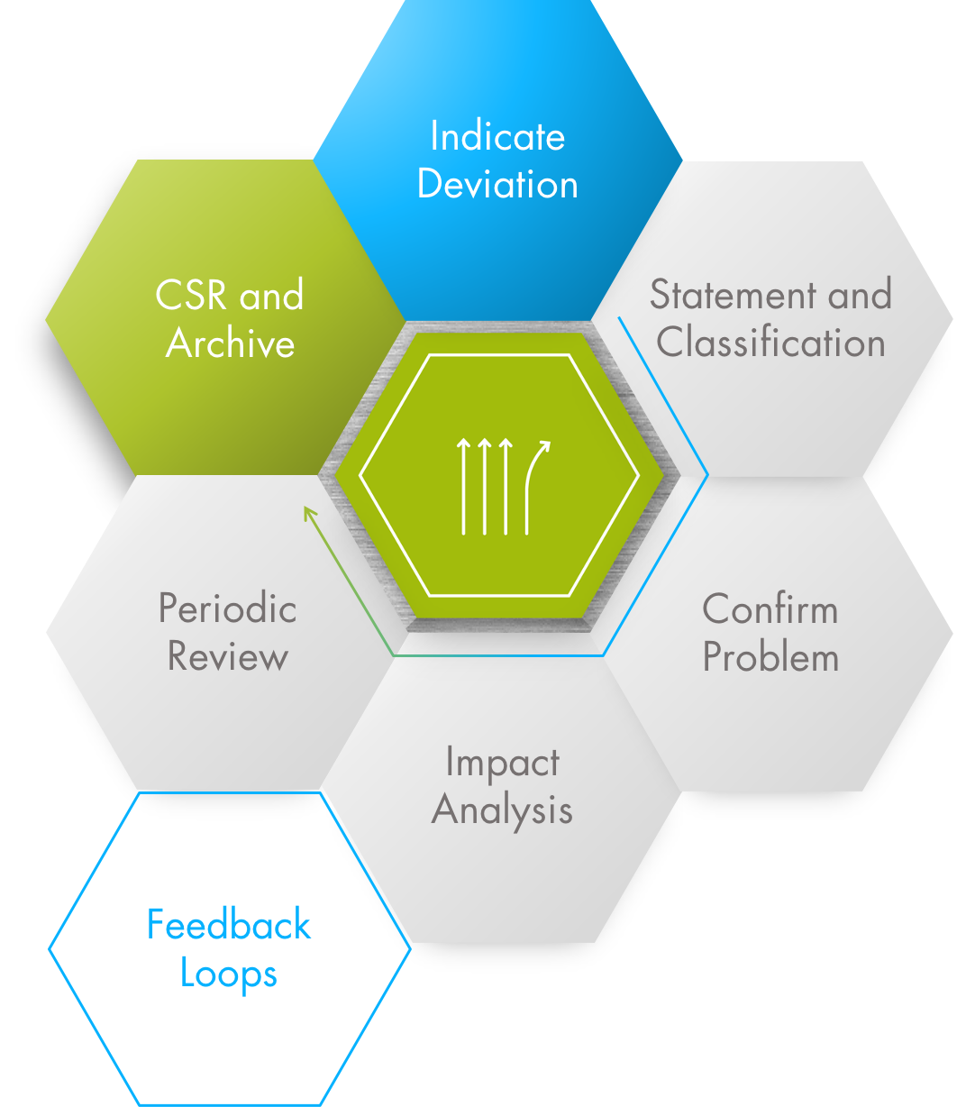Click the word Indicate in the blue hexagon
coord(497,137)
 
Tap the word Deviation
coord(497,185)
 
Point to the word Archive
coord(231,343)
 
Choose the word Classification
coord(770,343)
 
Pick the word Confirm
coord(770,610)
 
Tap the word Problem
coord(770,657)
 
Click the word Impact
coord(502,764)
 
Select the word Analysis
coord(502,810)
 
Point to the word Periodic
coord(228,608)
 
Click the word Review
coord(228,656)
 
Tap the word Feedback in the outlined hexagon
coord(229,926)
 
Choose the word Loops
coord(229,974)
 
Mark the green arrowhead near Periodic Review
coord(309,513)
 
